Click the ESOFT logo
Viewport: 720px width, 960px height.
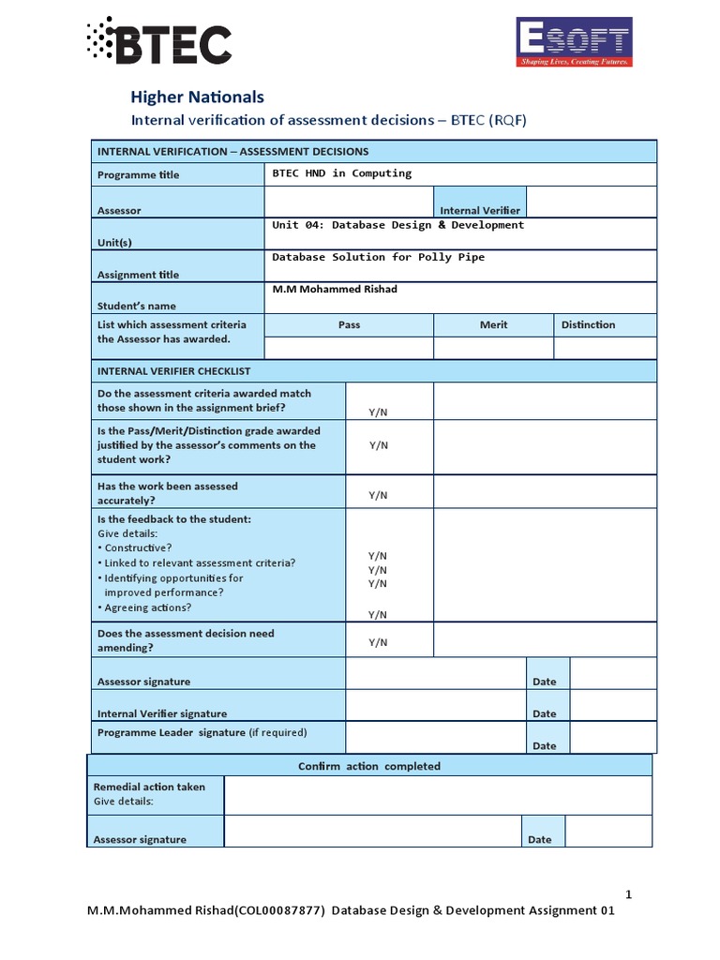(x=575, y=42)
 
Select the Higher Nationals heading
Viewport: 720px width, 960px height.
(x=197, y=97)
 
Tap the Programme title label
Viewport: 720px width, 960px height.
(x=138, y=175)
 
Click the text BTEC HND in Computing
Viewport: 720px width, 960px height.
(x=341, y=173)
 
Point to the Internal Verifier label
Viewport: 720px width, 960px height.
(x=480, y=211)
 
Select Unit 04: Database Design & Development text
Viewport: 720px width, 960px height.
(x=397, y=225)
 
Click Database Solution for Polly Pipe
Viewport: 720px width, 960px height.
(x=378, y=257)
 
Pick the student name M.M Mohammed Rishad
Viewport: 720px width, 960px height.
(x=335, y=289)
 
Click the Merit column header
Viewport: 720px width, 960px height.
(x=493, y=324)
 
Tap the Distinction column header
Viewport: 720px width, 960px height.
(x=588, y=324)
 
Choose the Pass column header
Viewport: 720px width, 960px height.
(x=349, y=324)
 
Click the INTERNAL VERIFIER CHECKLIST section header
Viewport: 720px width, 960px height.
(x=173, y=371)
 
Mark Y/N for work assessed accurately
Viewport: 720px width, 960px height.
(x=378, y=495)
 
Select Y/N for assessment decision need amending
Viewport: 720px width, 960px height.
(x=378, y=642)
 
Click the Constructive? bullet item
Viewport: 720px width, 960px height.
(x=138, y=547)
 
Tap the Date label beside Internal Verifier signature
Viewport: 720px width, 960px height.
(x=544, y=713)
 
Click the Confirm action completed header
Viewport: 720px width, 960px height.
(x=368, y=766)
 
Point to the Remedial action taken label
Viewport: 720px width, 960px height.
(x=149, y=787)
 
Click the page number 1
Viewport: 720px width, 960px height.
(x=629, y=894)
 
